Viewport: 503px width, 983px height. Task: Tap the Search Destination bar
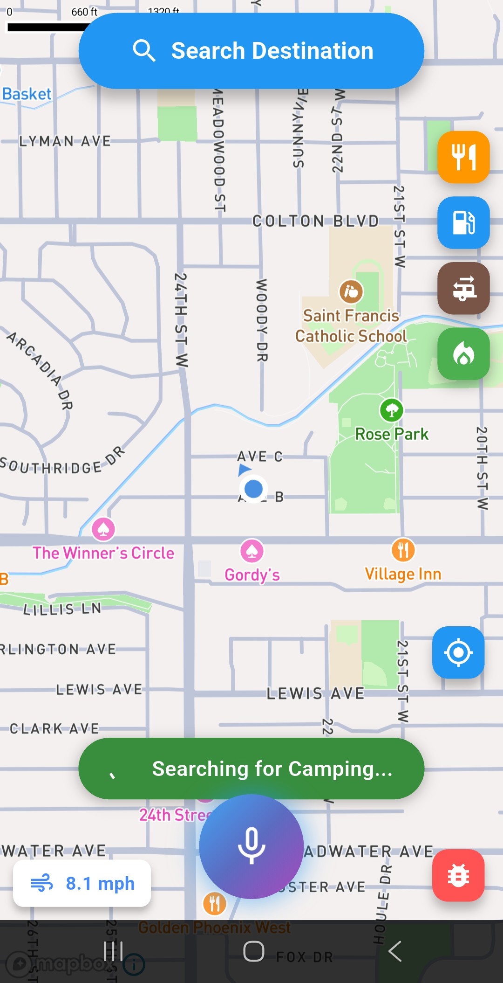click(251, 51)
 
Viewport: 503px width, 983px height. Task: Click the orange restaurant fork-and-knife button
click(463, 157)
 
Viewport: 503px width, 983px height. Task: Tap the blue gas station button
click(463, 222)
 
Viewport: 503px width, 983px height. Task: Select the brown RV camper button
click(463, 288)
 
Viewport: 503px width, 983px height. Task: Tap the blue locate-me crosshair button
click(458, 652)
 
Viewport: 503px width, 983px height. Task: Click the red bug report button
click(458, 875)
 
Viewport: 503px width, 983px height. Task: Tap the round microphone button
click(251, 846)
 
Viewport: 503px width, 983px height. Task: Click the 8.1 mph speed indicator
click(82, 883)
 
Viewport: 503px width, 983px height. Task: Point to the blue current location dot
click(253, 489)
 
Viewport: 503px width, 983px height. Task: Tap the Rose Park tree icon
click(392, 410)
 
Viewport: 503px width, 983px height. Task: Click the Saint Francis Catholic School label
click(351, 326)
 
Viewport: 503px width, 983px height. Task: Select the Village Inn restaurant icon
click(403, 550)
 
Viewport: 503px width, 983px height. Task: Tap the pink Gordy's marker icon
click(252, 552)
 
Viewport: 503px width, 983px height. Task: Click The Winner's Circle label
click(103, 553)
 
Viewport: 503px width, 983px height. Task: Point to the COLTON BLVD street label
click(315, 221)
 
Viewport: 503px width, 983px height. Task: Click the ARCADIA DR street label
click(40, 371)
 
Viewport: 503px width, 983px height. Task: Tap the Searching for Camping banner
click(251, 768)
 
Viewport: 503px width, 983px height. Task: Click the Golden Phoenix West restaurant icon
click(215, 904)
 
